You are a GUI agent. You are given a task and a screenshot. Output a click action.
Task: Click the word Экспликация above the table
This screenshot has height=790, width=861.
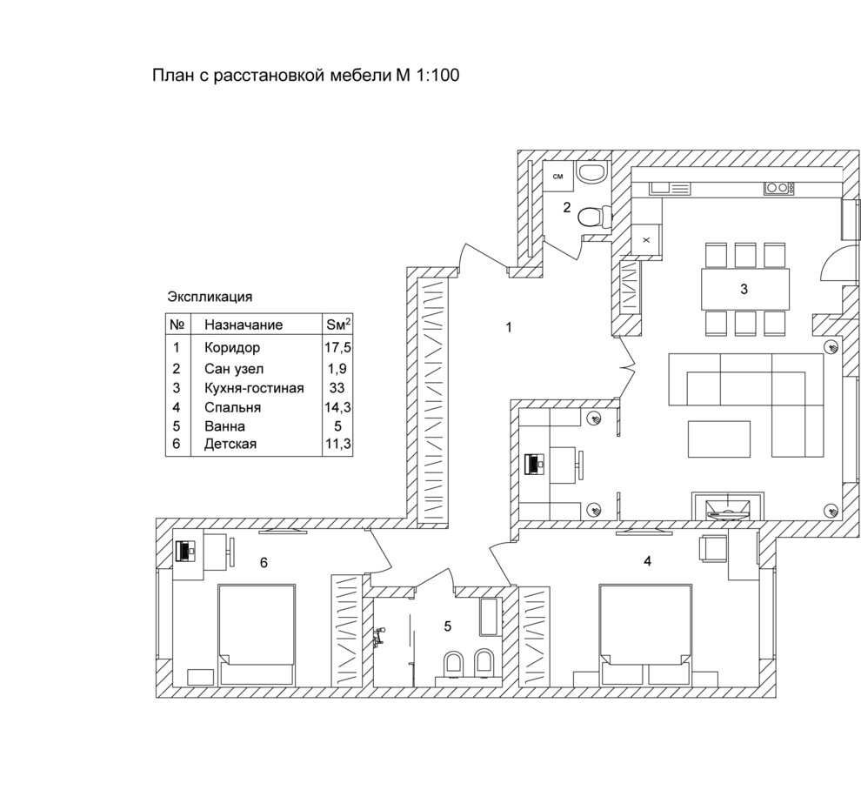(x=210, y=298)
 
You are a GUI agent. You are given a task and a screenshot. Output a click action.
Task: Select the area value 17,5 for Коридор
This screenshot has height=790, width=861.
(x=337, y=347)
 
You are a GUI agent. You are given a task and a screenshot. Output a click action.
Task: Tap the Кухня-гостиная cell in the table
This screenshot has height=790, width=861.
(x=254, y=388)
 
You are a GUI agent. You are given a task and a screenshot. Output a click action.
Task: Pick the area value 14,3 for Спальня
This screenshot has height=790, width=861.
(x=337, y=407)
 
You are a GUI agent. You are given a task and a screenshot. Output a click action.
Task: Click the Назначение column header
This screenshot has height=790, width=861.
(x=244, y=325)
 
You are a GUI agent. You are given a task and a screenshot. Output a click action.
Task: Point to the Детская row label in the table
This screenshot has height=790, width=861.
(x=230, y=444)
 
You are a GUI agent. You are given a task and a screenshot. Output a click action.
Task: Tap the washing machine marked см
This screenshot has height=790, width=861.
(x=557, y=177)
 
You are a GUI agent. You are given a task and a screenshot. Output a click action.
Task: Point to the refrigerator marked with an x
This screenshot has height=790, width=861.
(x=645, y=239)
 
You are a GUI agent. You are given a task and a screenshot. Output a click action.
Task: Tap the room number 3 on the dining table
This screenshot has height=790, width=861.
(x=744, y=289)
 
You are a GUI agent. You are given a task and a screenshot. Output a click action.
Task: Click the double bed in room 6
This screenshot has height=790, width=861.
(x=257, y=634)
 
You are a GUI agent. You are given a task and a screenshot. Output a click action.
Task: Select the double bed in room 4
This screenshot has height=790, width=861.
(x=644, y=634)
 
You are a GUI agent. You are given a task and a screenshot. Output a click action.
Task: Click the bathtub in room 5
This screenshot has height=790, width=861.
(x=489, y=616)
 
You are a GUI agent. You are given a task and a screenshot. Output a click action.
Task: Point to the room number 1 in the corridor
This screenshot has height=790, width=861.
(x=509, y=327)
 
